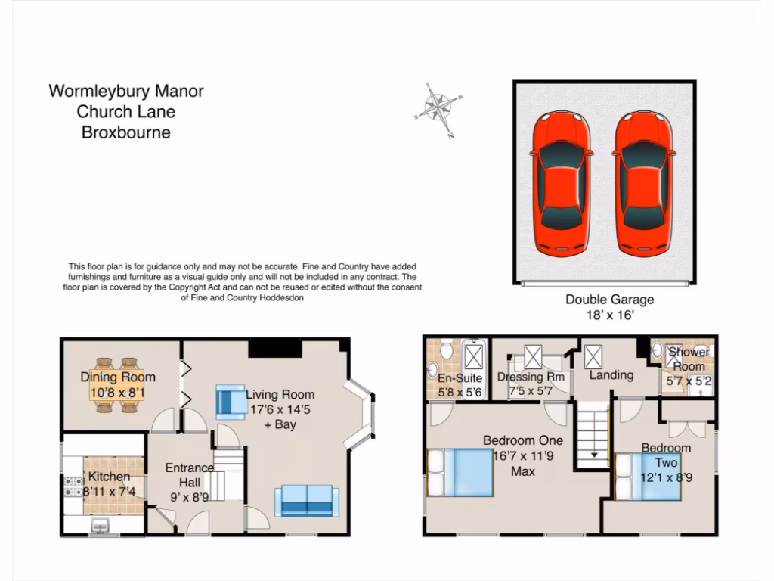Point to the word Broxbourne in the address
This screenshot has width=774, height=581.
126,133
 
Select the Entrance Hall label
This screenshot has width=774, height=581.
190,475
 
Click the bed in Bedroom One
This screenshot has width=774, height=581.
460,472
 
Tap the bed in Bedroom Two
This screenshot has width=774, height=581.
649,477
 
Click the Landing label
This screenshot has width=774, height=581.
611,375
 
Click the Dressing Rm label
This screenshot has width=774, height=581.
531,377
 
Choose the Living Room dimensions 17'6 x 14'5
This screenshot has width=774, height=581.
280,409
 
